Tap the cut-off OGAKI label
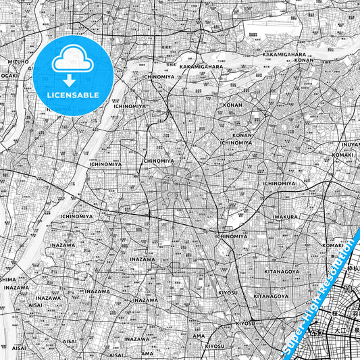[8, 76]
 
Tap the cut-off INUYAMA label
[351, 145]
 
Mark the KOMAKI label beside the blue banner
[334, 245]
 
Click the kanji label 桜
[334, 315]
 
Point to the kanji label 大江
[340, 332]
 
